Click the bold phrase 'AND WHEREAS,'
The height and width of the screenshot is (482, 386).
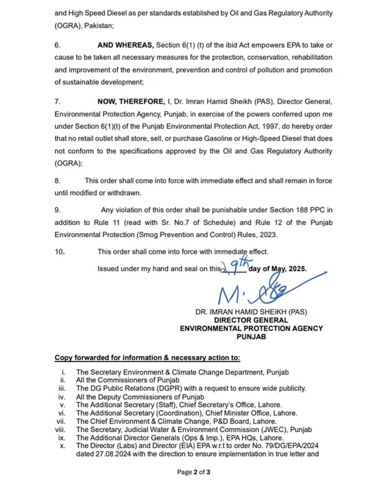click(125, 45)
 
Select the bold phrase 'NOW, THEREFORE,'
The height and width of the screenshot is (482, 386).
click(130, 102)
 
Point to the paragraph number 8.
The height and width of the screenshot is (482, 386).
click(58, 181)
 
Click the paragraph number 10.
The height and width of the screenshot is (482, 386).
click(60, 252)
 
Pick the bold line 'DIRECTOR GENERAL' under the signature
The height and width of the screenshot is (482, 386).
click(251, 320)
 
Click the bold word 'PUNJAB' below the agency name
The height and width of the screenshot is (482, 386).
click(251, 336)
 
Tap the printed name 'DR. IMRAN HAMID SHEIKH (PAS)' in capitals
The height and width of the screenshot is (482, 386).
click(251, 312)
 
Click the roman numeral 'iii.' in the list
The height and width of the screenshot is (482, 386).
click(62, 388)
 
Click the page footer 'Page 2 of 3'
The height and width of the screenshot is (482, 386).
click(193, 472)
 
